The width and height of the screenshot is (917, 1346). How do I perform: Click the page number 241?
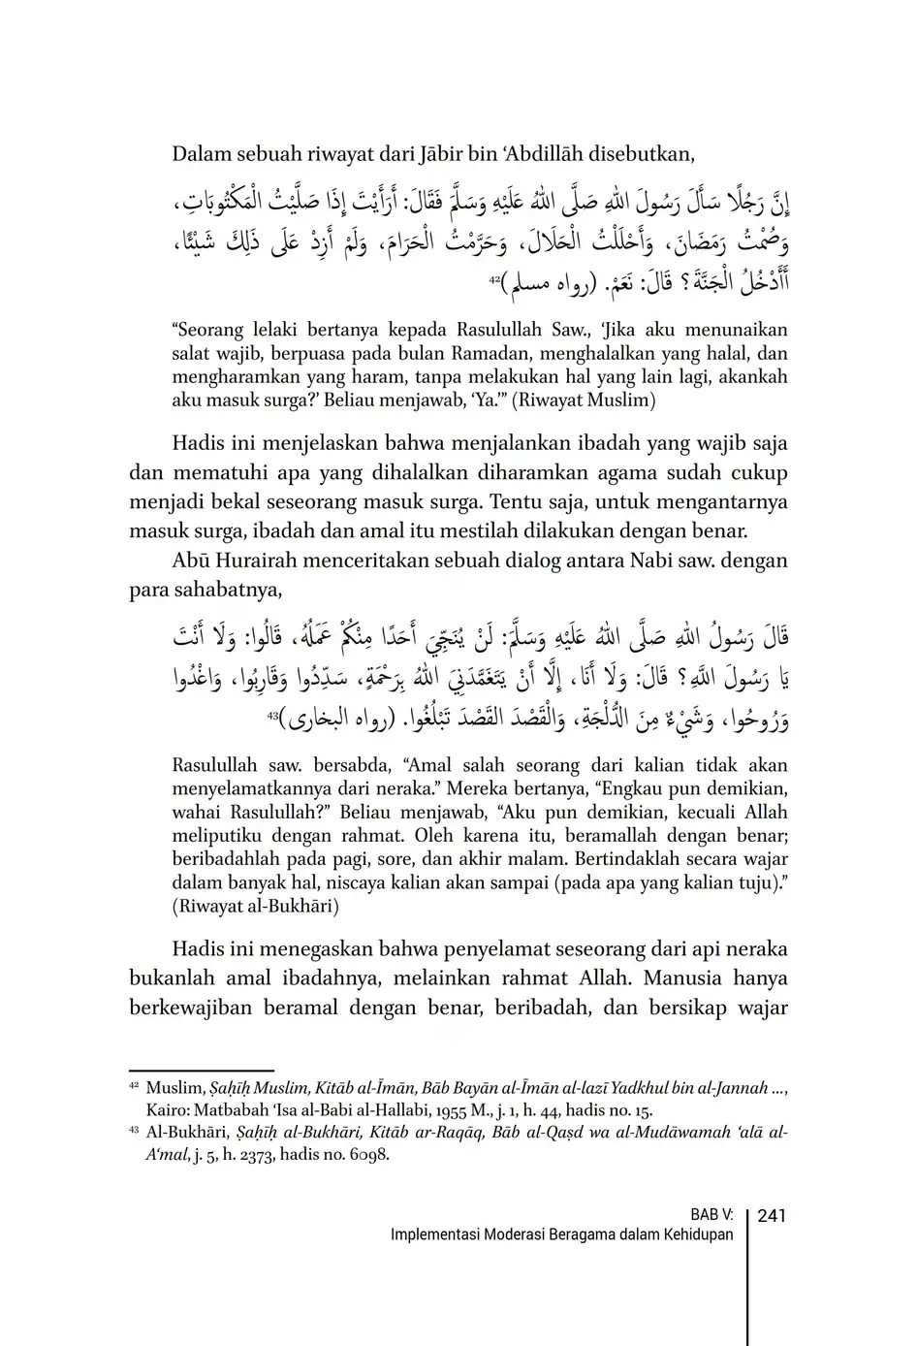pos(771,1216)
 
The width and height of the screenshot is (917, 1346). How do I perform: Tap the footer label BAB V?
pos(711,1216)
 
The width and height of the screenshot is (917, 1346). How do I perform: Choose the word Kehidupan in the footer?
pos(699,1235)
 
